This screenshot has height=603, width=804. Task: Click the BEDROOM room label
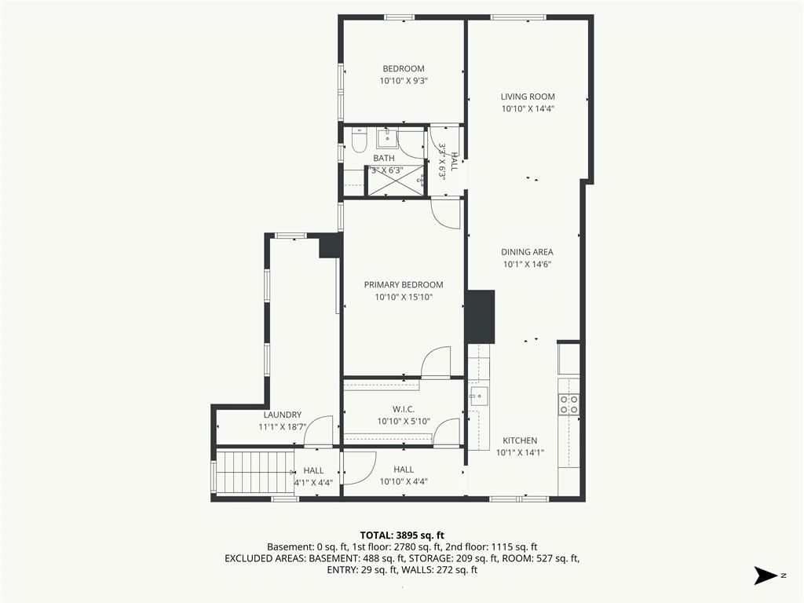point(404,69)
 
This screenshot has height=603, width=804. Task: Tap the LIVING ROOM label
point(528,97)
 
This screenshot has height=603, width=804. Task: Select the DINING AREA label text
point(527,252)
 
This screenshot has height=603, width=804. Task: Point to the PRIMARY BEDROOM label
point(404,284)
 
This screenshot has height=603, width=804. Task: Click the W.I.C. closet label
point(404,409)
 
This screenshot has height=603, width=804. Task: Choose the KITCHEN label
point(520,440)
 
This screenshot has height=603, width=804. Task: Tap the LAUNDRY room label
point(283,415)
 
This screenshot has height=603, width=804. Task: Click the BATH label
point(384,159)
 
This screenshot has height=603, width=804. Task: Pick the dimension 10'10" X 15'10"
point(404,297)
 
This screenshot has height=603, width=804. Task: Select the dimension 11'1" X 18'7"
point(283,426)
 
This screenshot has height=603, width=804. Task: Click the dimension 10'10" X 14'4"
point(528,108)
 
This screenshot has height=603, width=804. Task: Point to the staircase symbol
point(255,472)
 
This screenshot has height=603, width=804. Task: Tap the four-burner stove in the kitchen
point(568,404)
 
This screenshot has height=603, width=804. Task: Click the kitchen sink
point(479,396)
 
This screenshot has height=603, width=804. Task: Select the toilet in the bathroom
point(360,141)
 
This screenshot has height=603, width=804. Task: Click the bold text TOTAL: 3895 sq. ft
point(402,535)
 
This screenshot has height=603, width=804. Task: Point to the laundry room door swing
point(318,431)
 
